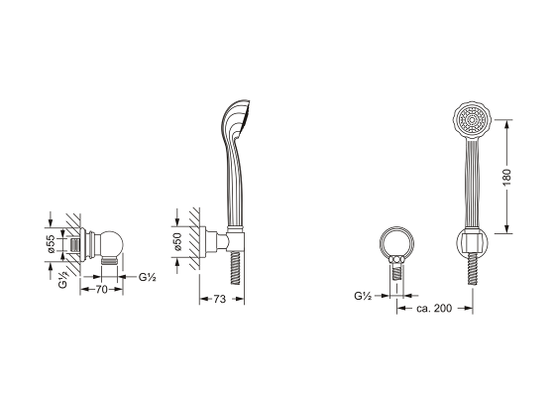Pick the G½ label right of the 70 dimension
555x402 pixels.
[x=149, y=277]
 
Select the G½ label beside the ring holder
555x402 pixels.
[x=363, y=296]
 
